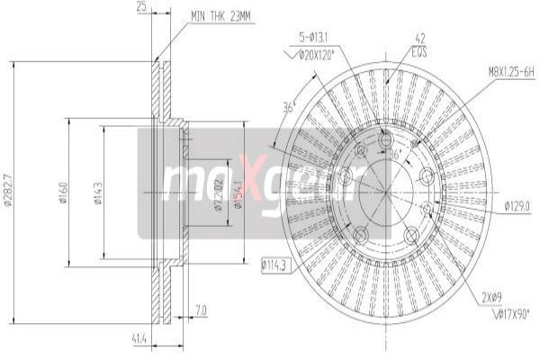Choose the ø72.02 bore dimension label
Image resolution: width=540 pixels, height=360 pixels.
(219, 194)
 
